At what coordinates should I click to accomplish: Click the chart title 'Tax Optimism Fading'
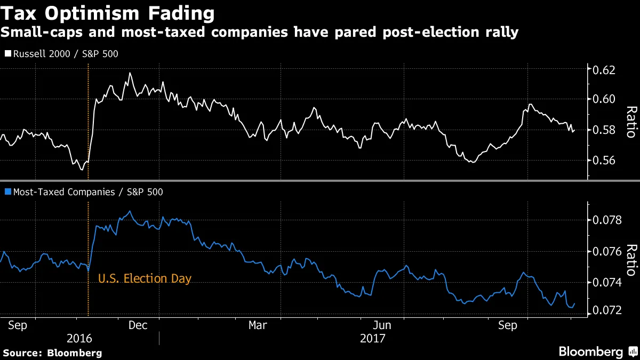[x=108, y=13]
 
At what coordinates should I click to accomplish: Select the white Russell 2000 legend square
[x=7, y=54]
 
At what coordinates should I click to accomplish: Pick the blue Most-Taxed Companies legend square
[x=7, y=192]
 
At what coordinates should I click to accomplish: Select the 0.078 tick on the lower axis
[x=608, y=220]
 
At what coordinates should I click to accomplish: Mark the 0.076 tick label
[x=608, y=251]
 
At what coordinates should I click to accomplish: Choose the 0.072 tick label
[x=608, y=310]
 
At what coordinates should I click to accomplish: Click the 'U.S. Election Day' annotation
[x=145, y=278]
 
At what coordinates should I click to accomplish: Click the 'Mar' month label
[x=258, y=325]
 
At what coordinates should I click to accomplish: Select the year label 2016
[x=79, y=339]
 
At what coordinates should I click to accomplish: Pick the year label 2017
[x=373, y=339]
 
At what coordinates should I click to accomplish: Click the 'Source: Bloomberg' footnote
[x=52, y=353]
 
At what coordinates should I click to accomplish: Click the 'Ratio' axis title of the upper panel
[x=631, y=122]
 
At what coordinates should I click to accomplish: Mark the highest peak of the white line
[x=129, y=73]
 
